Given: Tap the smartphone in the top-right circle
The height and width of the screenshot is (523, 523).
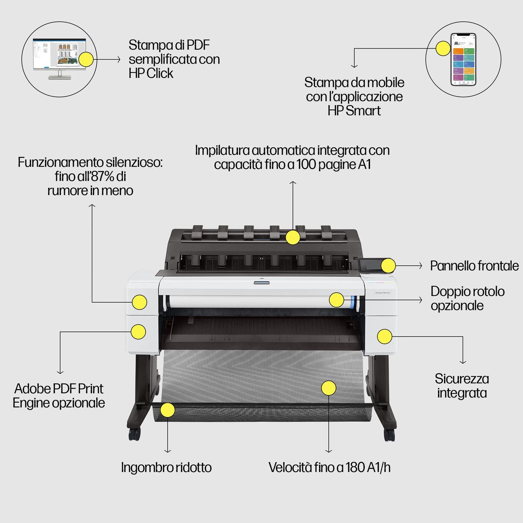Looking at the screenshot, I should (462, 59).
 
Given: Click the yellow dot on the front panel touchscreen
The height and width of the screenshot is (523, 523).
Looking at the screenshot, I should (388, 265).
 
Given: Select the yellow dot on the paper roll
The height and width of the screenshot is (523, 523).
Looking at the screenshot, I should (336, 299).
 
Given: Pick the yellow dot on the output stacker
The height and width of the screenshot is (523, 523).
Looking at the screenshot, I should (292, 238).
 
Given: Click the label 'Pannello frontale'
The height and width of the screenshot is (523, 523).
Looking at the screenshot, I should (474, 265).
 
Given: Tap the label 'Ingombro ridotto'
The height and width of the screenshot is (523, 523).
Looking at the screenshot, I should (166, 468).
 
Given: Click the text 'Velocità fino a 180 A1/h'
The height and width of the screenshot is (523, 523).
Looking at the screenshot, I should (329, 468).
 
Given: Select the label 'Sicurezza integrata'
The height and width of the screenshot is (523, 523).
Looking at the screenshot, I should (462, 386).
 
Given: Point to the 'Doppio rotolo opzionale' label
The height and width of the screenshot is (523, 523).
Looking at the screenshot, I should (467, 298).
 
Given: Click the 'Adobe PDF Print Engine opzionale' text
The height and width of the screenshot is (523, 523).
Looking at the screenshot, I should (59, 395).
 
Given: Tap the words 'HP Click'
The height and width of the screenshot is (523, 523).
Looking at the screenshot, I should (151, 73).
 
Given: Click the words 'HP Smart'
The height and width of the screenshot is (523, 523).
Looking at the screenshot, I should (354, 111).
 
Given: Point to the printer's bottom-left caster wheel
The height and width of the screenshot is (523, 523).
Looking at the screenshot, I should (134, 434).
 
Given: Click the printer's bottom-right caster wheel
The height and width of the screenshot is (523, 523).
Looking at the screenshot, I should (389, 434).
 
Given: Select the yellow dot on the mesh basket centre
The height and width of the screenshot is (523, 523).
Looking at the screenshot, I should (329, 388).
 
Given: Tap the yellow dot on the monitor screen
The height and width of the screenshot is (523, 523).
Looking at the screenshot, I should (85, 59).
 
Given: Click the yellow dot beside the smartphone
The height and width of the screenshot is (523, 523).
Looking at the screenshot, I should (443, 48).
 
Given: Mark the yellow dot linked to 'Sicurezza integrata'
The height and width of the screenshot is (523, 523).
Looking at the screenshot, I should (384, 336).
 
